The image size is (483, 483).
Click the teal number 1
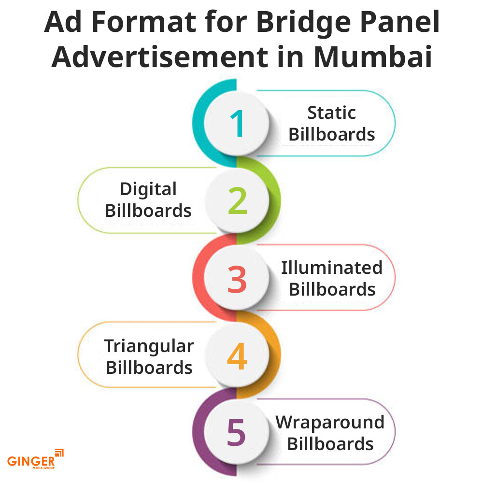point(238,123)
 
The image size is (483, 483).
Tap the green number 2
point(238,200)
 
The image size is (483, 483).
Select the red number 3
point(237,279)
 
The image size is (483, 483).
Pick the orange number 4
point(237,356)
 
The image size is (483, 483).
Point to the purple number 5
point(237,433)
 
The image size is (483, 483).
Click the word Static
point(332,113)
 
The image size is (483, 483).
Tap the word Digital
point(148,189)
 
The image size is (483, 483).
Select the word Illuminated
point(332,267)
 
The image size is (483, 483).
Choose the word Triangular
point(149,346)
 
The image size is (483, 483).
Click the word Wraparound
point(330,422)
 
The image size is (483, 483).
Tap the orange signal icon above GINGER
point(59,452)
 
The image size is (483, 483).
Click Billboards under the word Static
point(332,135)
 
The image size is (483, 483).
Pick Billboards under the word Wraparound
point(330,443)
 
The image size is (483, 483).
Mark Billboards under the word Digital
point(148,211)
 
